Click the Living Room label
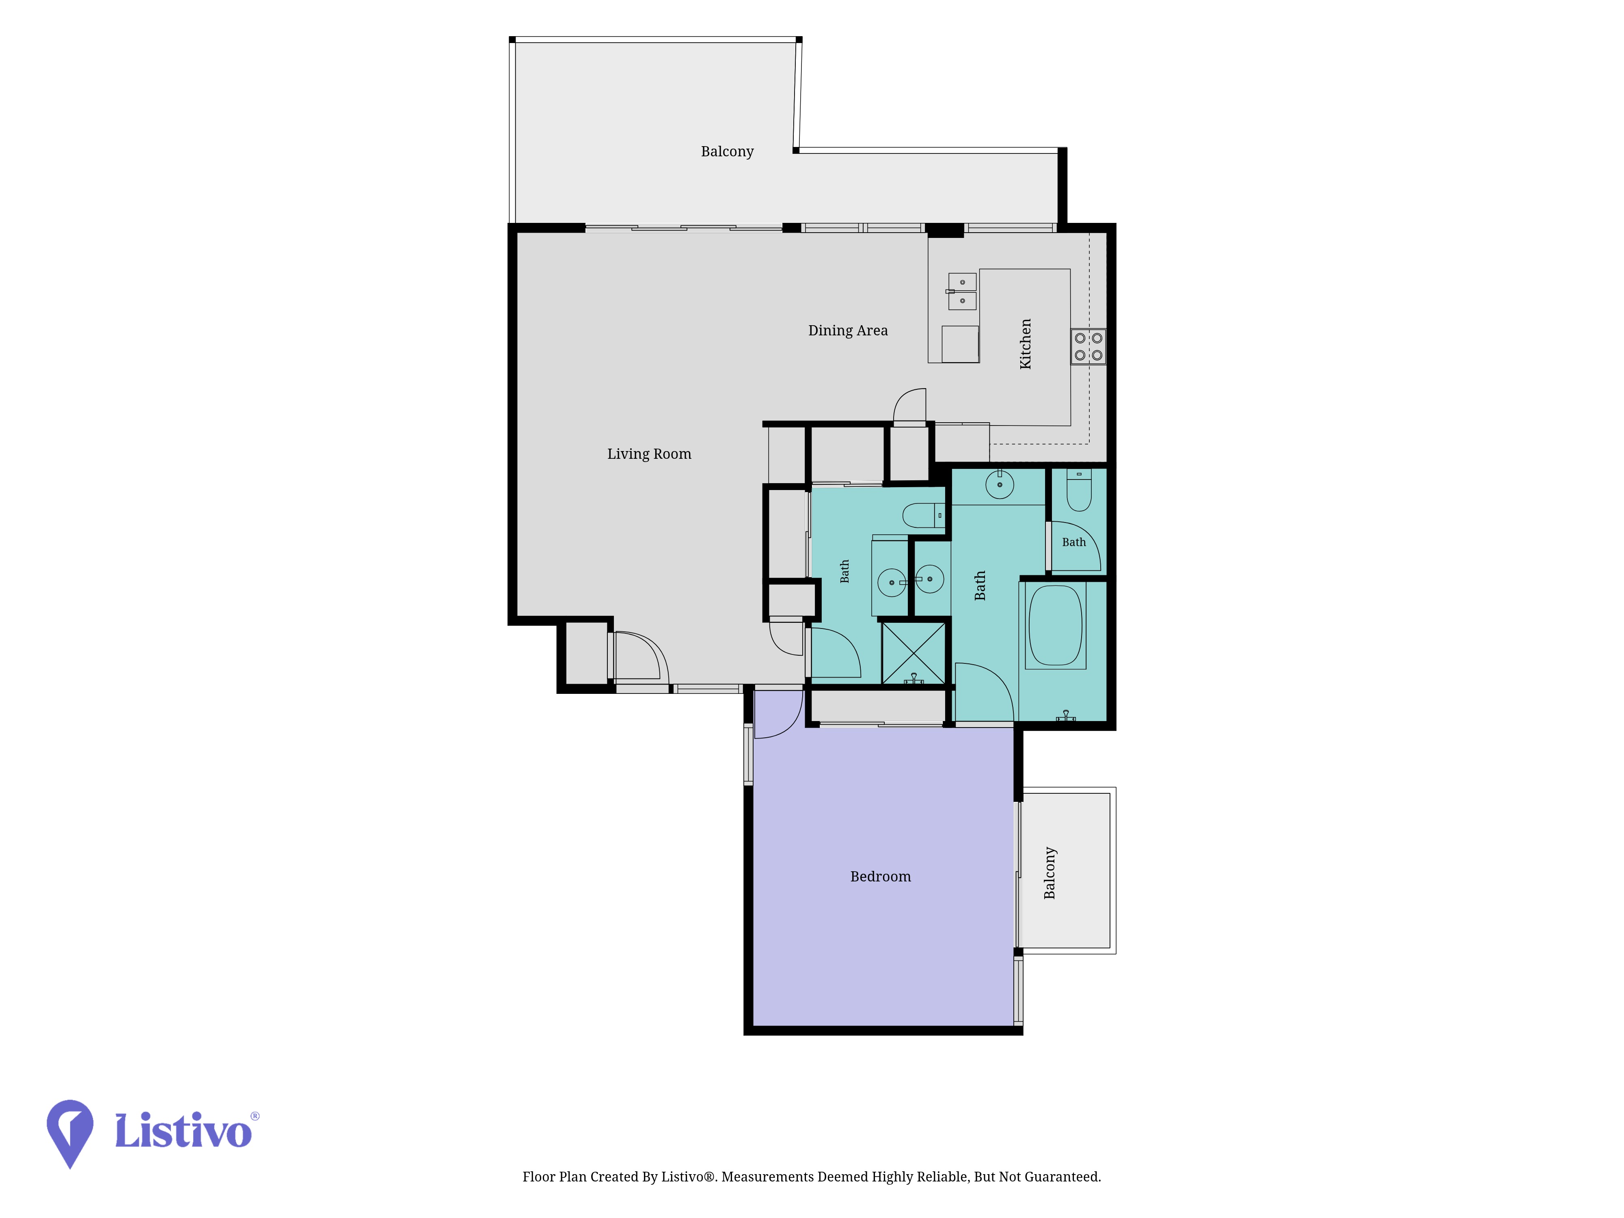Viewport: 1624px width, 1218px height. coord(649,454)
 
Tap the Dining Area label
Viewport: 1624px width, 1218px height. coord(848,330)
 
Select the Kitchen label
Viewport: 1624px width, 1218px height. coord(1026,343)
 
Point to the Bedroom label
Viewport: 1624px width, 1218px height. coord(880,877)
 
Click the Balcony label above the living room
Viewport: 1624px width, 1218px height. coord(727,151)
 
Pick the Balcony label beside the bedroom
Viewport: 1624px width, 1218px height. coord(1050,873)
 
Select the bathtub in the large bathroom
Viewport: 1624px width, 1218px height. coord(1056,626)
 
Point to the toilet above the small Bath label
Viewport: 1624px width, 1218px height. coord(1078,490)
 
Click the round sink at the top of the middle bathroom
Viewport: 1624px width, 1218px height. coord(999,484)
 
